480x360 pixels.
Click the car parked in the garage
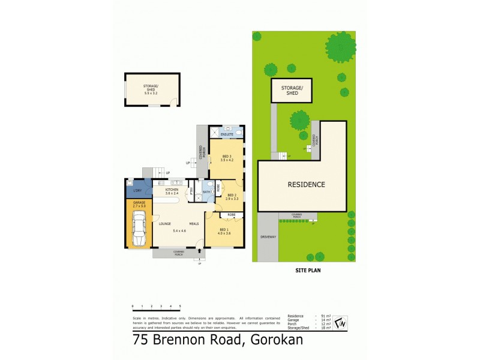139,228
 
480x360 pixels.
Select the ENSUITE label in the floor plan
226,134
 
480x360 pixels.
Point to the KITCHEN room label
172,190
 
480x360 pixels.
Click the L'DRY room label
136,190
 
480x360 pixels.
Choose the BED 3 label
226,157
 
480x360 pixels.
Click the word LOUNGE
165,224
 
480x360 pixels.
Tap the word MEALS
194,224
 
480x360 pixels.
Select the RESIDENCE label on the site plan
305,185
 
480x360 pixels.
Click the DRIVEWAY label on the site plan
268,237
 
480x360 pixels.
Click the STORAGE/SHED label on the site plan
292,91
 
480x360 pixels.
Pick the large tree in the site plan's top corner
341,45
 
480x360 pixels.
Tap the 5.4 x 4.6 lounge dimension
179,231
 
